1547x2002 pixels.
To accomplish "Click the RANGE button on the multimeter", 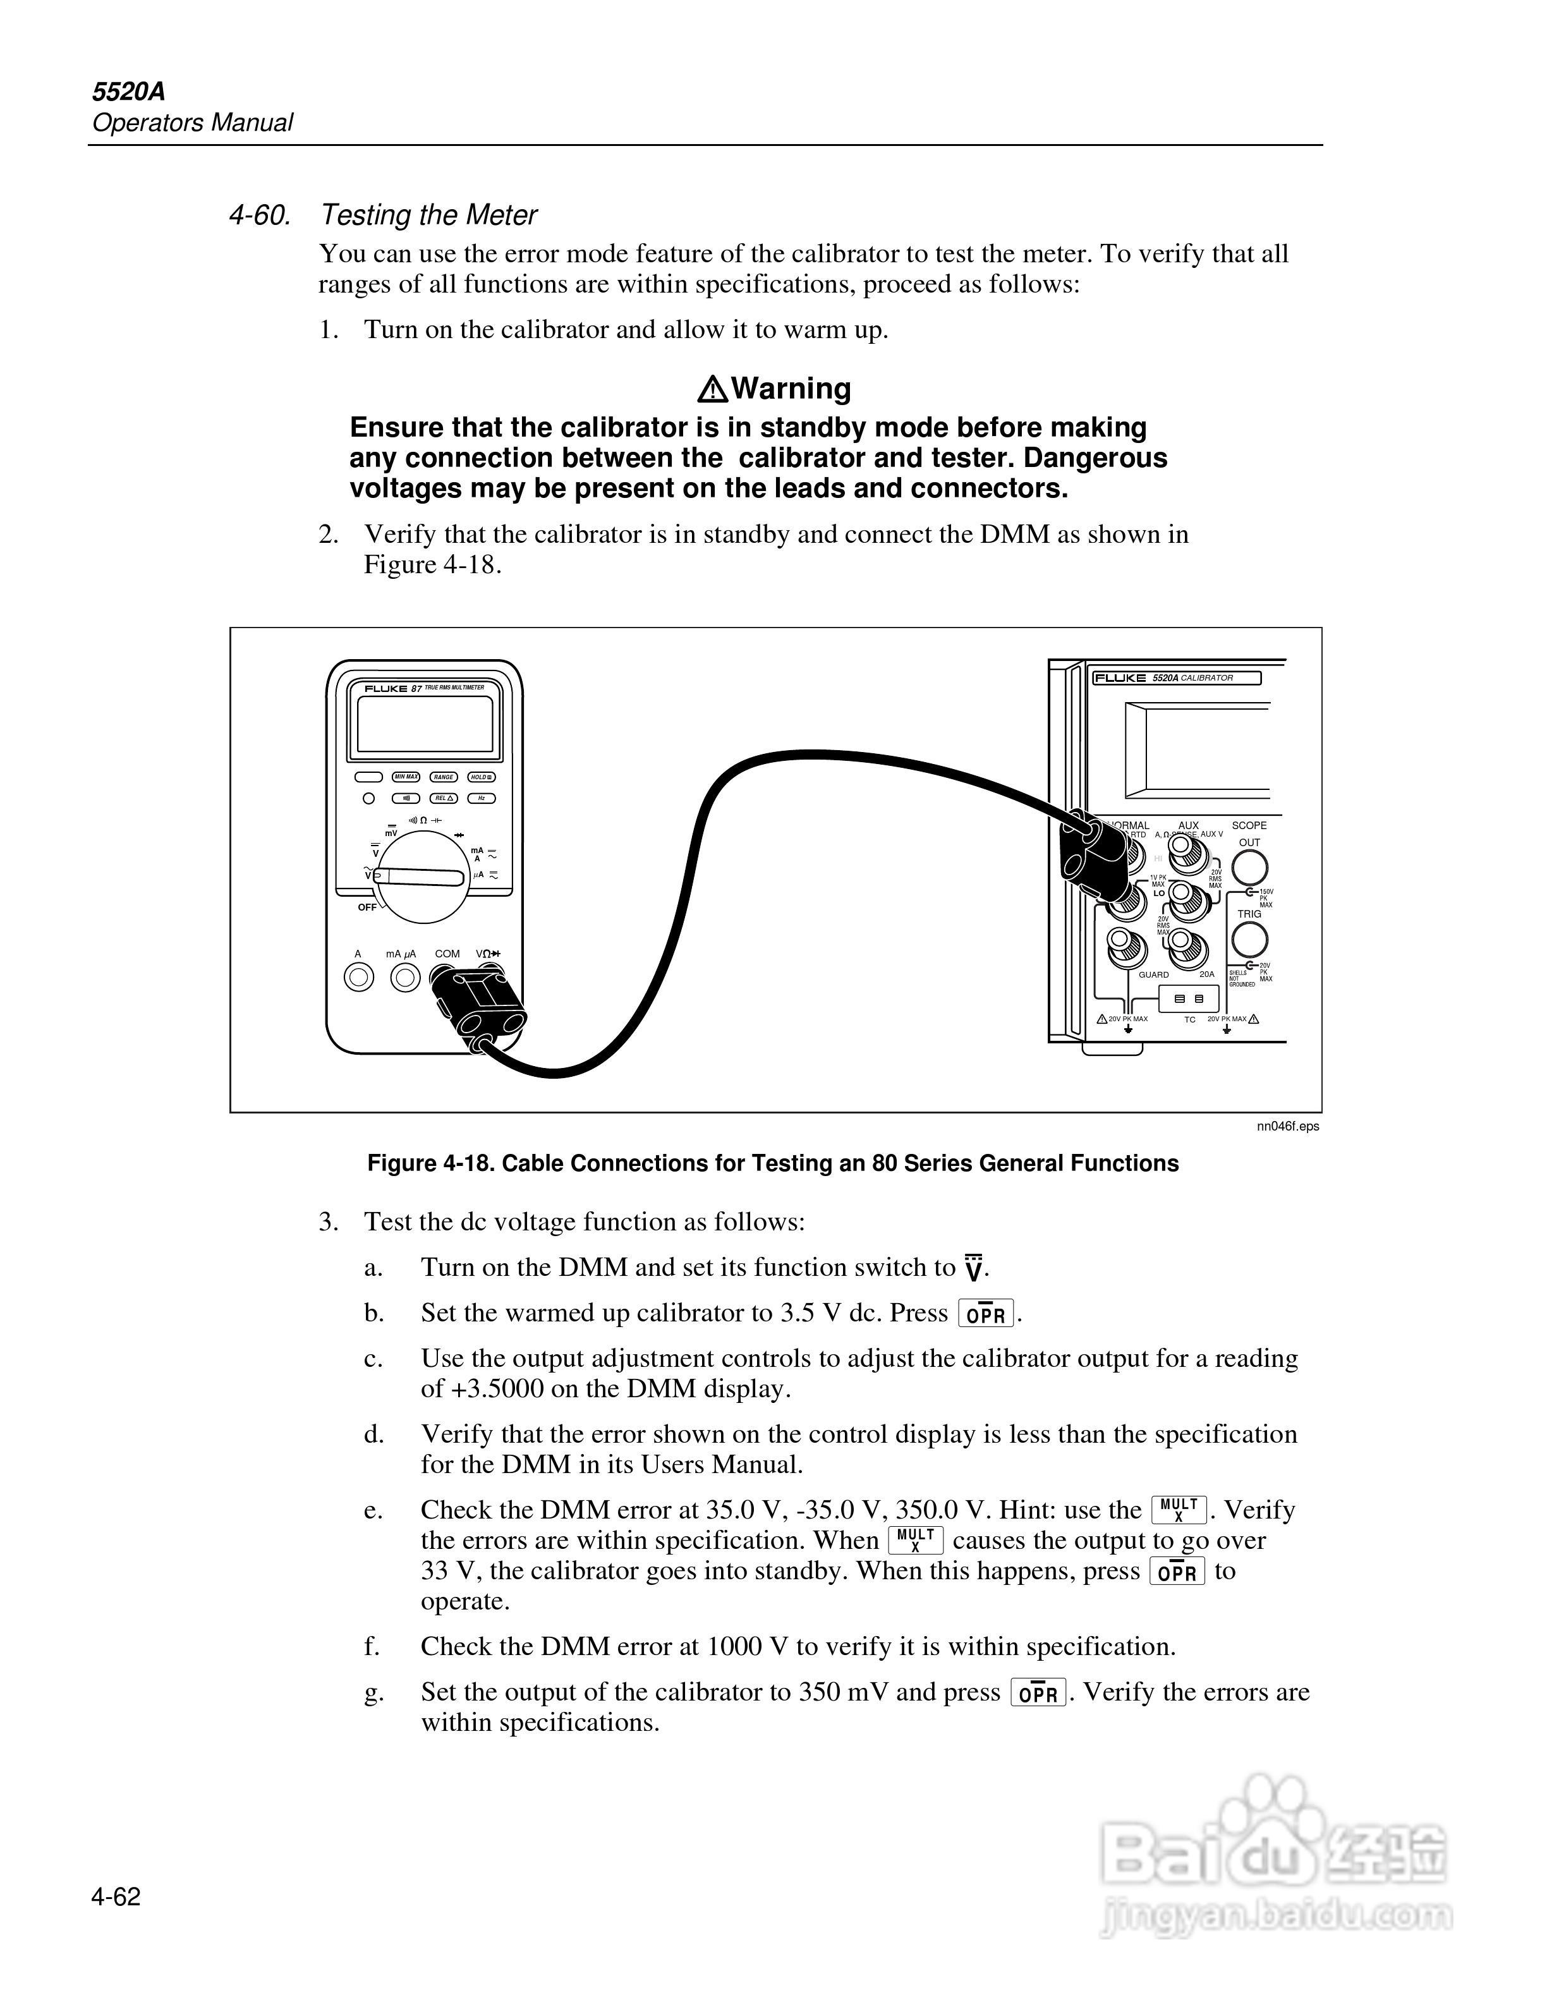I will point(444,777).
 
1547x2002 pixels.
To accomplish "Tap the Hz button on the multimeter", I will point(482,798).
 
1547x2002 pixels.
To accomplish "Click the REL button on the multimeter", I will point(444,798).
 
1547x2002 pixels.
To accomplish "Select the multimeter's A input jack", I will point(359,978).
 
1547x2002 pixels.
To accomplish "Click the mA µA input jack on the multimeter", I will point(404,978).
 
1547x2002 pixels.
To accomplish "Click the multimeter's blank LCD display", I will point(424,724).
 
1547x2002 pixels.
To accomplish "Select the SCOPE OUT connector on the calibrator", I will point(1249,866).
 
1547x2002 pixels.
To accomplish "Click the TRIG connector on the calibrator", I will point(1249,940).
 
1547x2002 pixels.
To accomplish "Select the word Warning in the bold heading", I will point(792,389).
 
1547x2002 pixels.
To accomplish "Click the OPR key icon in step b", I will point(985,1314).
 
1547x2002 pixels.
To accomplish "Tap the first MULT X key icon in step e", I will point(1179,1509).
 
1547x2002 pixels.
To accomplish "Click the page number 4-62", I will point(116,1896).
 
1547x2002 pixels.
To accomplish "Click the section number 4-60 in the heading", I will point(259,215).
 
